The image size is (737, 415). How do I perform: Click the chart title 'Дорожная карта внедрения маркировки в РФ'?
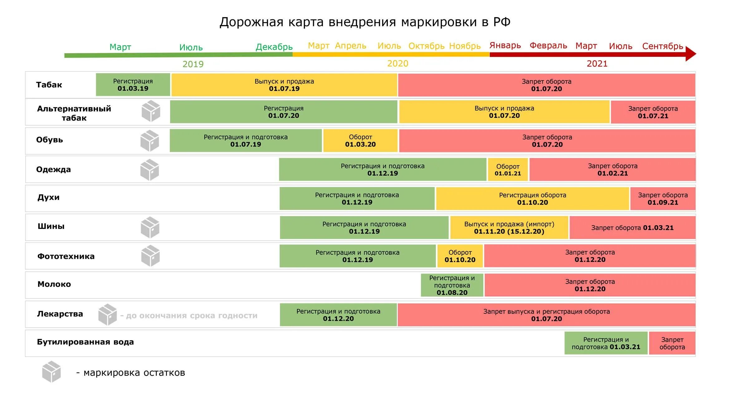[365, 22]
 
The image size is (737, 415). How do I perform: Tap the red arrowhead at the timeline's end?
[691, 54]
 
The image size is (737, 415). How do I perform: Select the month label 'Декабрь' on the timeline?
[274, 47]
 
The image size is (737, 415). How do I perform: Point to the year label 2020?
[398, 64]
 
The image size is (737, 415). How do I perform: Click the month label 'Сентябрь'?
[662, 46]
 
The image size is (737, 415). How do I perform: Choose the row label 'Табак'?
[49, 85]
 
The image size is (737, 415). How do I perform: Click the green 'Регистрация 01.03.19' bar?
[133, 85]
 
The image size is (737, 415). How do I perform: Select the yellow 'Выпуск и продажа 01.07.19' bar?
[284, 85]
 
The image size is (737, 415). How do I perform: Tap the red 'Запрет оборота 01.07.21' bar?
[653, 112]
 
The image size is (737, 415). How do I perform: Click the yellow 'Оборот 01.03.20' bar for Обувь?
[360, 141]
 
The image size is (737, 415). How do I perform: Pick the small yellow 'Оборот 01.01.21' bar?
[508, 170]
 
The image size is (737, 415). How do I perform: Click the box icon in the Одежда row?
[150, 170]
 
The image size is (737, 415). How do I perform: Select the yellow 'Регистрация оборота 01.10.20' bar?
[532, 199]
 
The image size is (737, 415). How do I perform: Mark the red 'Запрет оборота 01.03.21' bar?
[632, 228]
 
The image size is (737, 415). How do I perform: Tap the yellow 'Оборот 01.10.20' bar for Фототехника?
[460, 256]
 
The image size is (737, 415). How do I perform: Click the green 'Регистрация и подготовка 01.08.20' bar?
[452, 285]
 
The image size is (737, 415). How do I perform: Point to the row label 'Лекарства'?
[60, 314]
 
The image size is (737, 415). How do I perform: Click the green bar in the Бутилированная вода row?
[606, 343]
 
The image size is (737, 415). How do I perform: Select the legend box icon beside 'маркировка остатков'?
[51, 372]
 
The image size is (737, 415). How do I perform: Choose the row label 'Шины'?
[51, 226]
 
